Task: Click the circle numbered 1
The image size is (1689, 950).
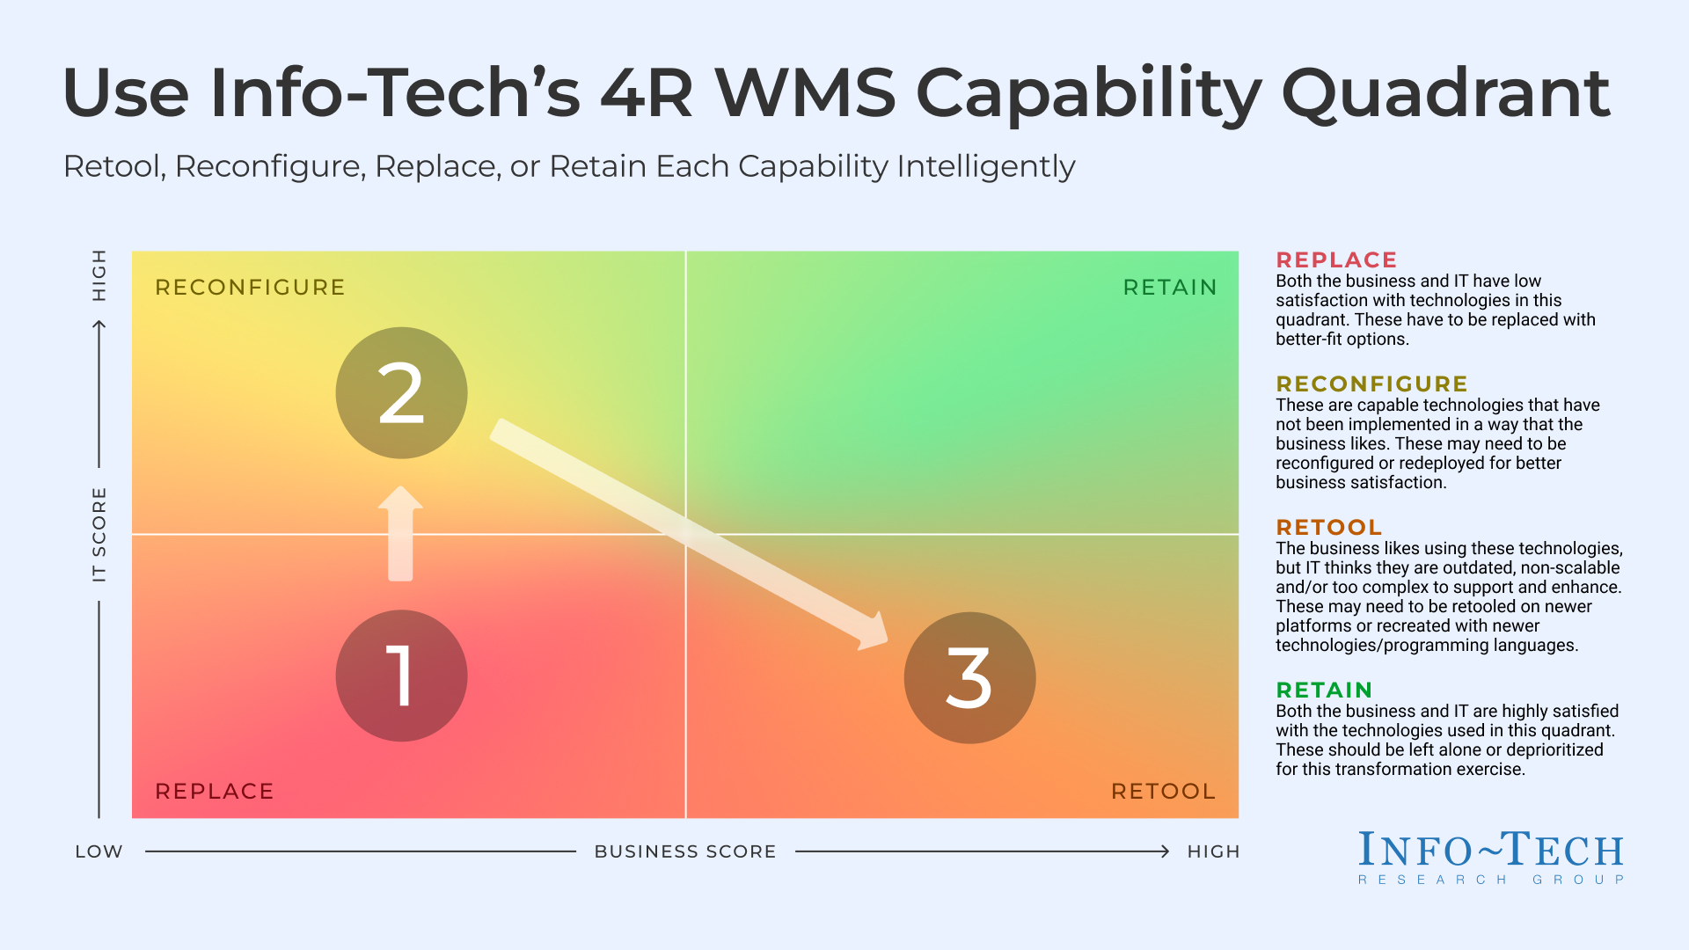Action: [401, 676]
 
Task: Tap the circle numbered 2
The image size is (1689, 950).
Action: [401, 393]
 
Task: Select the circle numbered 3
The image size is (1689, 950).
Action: [969, 677]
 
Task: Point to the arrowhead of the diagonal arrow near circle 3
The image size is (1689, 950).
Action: [873, 632]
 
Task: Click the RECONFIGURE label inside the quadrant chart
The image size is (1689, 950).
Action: [250, 288]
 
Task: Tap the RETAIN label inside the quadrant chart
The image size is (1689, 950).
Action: [1170, 288]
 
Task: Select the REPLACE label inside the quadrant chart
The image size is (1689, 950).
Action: [214, 791]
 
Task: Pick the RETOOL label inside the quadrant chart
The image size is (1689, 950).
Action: [1163, 791]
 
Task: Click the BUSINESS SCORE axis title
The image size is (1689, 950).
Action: [685, 851]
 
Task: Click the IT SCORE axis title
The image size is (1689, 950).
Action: [99, 534]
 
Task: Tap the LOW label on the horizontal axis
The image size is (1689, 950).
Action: [99, 851]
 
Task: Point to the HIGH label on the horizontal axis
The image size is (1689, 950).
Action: [1213, 851]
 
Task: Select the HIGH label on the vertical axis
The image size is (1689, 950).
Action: [99, 274]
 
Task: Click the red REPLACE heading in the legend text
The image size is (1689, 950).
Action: [1336, 260]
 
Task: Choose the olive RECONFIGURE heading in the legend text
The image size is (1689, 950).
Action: [1371, 384]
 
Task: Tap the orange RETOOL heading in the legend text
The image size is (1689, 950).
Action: [1328, 528]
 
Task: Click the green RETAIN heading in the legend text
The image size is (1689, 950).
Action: [1324, 691]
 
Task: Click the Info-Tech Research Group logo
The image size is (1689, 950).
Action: [1490, 858]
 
